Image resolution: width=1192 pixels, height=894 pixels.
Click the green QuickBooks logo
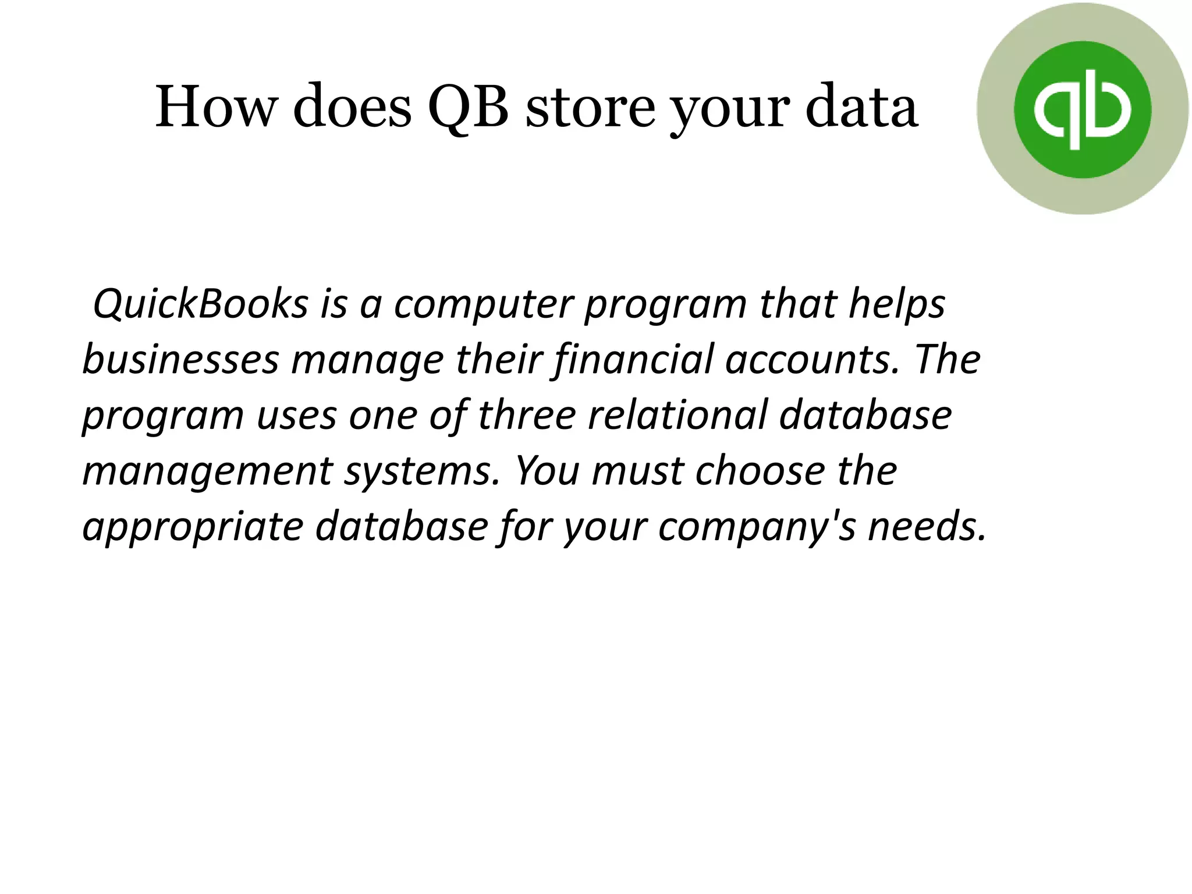pos(1082,109)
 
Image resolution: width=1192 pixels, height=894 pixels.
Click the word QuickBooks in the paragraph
pos(200,304)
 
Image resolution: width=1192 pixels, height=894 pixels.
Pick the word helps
pos(896,305)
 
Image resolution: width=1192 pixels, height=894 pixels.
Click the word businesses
pos(181,359)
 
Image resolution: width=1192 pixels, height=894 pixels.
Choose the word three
pos(527,414)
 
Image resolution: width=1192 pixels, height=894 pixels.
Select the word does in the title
pos(352,107)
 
